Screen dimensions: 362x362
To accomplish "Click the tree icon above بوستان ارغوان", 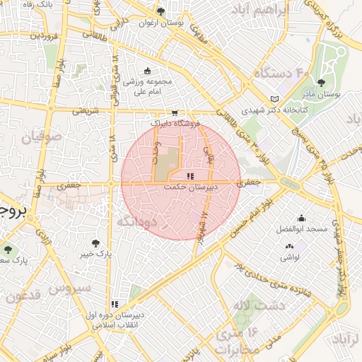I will pos(161,11).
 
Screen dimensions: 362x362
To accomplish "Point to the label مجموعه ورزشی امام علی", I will pos(147,86).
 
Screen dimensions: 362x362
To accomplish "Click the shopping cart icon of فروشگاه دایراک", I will pos(175,112).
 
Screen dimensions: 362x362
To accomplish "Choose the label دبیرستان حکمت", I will pos(185,187).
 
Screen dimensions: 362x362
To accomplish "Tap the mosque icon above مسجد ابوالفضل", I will pos(302,218).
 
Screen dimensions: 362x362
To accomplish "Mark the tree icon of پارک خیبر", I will pos(96,243).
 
